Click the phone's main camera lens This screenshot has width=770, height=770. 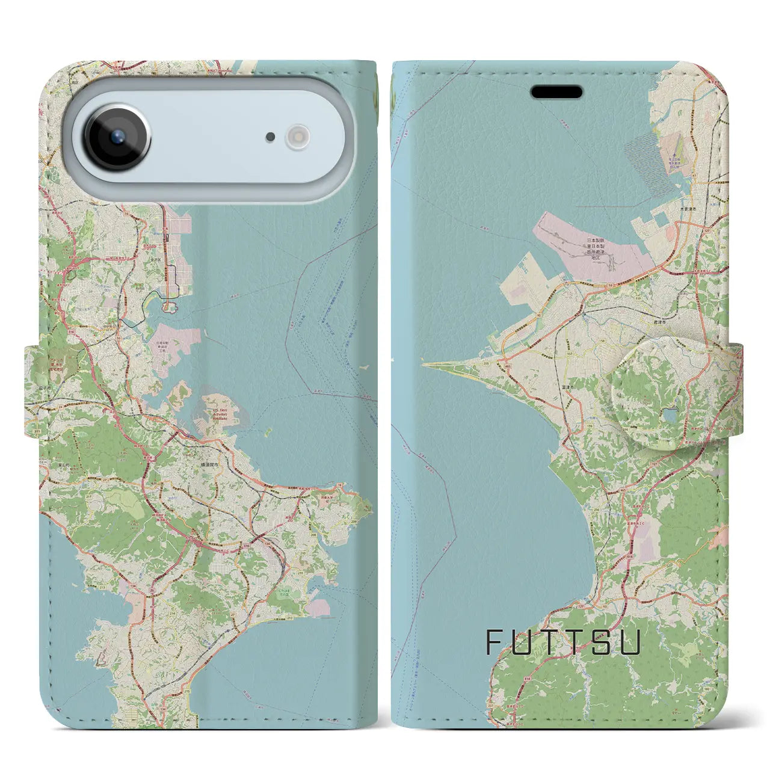click(117, 137)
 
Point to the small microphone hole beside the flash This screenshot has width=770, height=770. click(271, 137)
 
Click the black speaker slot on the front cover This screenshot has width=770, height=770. click(556, 92)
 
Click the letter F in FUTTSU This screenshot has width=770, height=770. click(493, 642)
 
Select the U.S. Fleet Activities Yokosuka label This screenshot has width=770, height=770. click(221, 415)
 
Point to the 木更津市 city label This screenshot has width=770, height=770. click(688, 209)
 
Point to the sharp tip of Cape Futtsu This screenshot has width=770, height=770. click(423, 363)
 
